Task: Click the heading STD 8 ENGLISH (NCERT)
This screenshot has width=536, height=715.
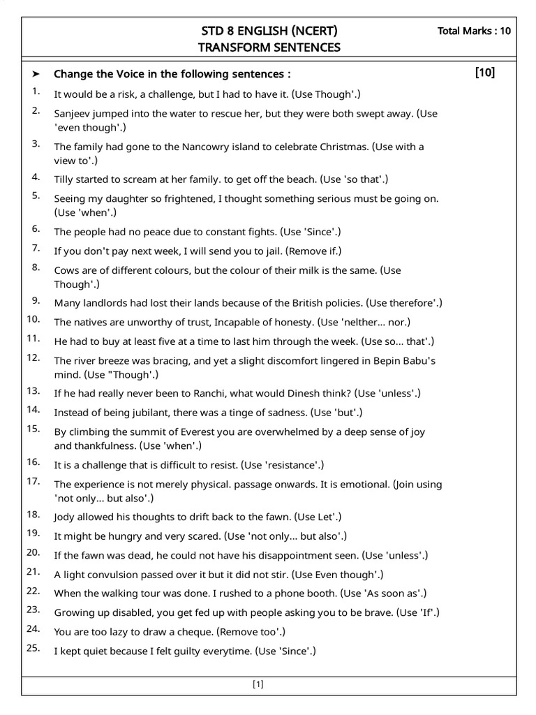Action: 269,31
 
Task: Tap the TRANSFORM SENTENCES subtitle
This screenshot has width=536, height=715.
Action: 269,47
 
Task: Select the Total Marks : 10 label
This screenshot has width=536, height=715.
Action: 474,31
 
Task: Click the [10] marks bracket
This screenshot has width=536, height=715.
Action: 484,73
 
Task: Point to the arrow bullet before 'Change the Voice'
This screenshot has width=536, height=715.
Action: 36,74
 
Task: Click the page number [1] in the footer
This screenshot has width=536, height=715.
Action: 258,684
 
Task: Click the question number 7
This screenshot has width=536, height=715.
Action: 36,249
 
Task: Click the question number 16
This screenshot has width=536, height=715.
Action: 33,462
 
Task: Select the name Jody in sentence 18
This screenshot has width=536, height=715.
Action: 65,517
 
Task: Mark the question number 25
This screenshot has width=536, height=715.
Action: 33,649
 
